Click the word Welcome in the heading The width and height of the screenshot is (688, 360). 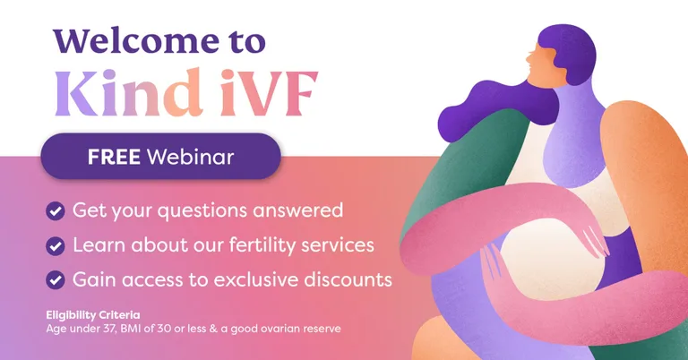point(136,41)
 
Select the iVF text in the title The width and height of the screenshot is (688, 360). point(269,93)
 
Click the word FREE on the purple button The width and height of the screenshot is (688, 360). point(114,157)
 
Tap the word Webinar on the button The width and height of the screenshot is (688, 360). point(190,157)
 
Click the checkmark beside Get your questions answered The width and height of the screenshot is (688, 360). point(56,211)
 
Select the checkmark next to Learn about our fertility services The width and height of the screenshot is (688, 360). point(56,245)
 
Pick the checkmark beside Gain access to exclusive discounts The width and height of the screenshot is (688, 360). point(56,280)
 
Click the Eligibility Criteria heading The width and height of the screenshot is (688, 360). point(93,315)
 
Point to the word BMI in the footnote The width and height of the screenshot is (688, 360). point(130,329)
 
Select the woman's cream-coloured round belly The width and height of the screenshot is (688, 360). point(551,261)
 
